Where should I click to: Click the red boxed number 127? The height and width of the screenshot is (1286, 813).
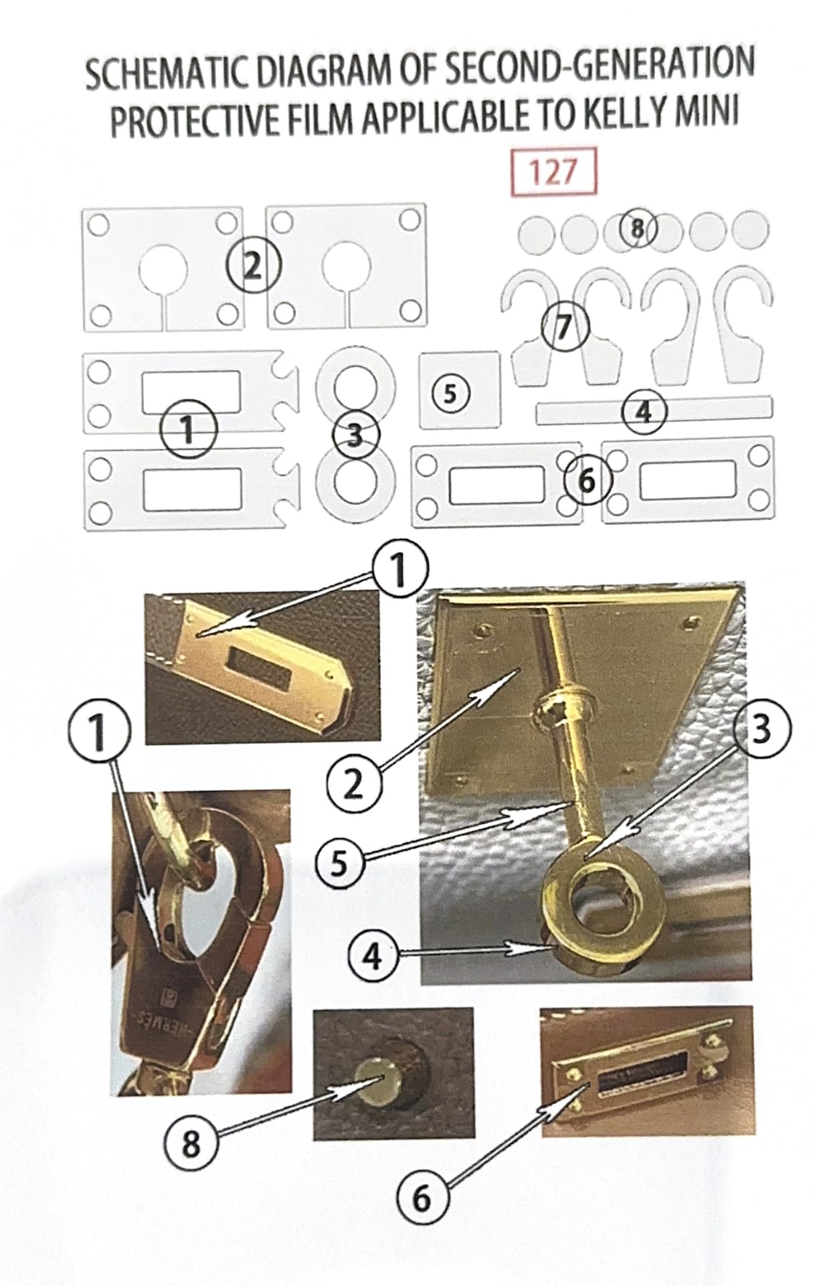click(x=552, y=173)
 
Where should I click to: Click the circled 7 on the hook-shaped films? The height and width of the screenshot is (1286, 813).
click(x=565, y=327)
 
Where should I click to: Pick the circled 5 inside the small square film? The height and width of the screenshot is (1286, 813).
click(x=450, y=394)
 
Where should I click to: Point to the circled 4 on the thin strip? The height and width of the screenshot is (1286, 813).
click(x=643, y=412)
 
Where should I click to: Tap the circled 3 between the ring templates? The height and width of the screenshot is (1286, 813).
click(x=355, y=436)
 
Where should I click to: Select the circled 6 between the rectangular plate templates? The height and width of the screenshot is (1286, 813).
click(x=586, y=481)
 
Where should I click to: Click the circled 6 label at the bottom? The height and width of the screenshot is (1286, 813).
click(x=422, y=1198)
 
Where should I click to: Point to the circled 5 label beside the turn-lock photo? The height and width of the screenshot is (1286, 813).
click(x=338, y=864)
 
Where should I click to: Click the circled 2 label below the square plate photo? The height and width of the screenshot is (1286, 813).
click(x=353, y=784)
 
